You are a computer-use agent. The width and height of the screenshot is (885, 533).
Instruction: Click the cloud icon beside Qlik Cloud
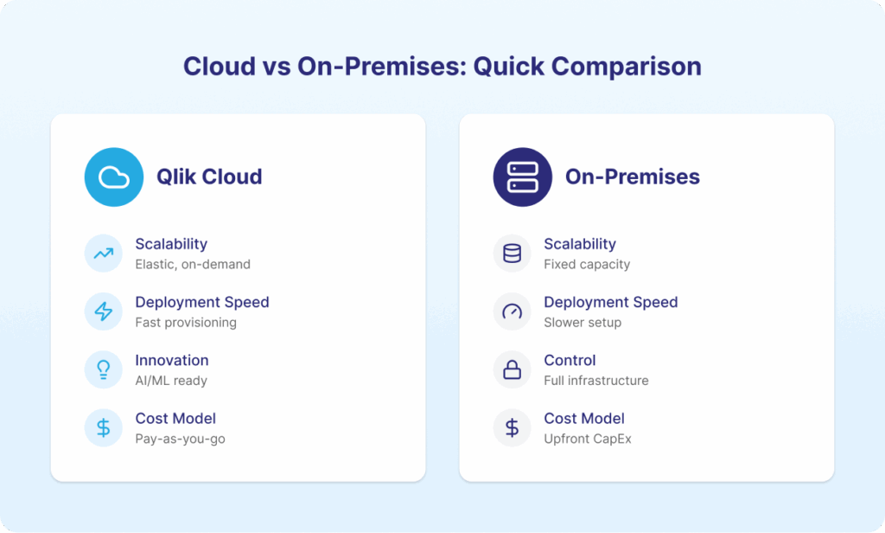(x=114, y=177)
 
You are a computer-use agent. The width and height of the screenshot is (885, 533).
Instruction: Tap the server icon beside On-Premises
(x=523, y=177)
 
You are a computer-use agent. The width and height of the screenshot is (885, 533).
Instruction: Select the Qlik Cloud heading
(x=209, y=177)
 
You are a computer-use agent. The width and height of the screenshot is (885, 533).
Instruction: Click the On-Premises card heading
(x=632, y=177)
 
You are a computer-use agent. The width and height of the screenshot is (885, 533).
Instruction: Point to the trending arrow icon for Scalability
(x=104, y=254)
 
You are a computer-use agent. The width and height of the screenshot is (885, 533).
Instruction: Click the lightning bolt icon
(x=104, y=311)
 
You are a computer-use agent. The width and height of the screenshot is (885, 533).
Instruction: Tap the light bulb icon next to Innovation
(x=104, y=369)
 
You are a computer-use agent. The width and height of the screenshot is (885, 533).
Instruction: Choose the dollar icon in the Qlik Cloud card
(x=104, y=427)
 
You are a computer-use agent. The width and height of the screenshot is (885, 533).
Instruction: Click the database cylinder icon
(x=512, y=254)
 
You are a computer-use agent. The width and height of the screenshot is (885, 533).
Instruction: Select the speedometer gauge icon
(x=512, y=311)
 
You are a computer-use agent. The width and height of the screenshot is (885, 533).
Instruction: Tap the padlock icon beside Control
(x=512, y=369)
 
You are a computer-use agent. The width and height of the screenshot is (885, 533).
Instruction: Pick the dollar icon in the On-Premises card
(x=512, y=427)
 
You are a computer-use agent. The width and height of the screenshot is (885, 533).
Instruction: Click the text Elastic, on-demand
(x=193, y=265)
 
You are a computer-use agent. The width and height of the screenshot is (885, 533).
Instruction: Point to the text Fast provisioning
(x=186, y=323)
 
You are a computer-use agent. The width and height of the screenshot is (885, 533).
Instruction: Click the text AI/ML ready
(x=171, y=381)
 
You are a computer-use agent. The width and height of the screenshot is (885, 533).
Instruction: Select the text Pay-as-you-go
(x=180, y=440)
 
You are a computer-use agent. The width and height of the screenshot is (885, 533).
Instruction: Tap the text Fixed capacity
(x=587, y=265)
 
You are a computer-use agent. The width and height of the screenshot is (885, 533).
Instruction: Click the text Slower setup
(x=583, y=323)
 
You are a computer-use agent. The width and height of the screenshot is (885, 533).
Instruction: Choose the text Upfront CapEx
(x=588, y=440)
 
